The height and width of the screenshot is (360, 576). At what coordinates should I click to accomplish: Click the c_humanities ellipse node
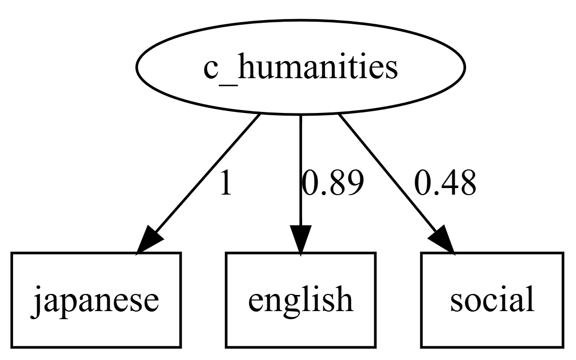pos(300,67)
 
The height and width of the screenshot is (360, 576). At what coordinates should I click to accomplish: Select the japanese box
pos(95,299)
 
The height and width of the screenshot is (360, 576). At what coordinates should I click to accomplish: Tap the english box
pos(300,299)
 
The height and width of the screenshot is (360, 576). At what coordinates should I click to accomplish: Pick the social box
pos(491,299)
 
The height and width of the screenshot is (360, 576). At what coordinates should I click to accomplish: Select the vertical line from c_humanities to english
pos(300,166)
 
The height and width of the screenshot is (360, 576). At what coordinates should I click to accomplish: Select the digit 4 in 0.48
pos(444,185)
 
